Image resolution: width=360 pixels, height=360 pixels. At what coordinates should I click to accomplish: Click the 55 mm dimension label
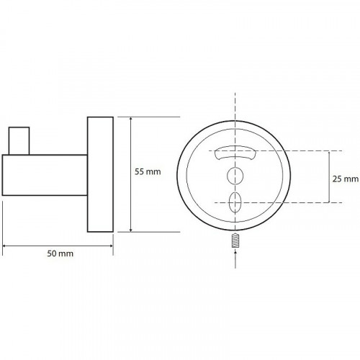tap(148, 172)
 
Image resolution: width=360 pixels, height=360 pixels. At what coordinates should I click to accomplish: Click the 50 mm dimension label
tap(60, 253)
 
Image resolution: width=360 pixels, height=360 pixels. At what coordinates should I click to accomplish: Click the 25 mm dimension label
tap(346, 179)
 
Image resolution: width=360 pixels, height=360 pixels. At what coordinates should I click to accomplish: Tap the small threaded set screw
tap(235, 241)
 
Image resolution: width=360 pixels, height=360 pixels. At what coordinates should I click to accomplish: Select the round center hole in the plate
tap(235, 176)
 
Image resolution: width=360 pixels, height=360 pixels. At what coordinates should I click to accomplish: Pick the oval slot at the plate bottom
tap(235, 202)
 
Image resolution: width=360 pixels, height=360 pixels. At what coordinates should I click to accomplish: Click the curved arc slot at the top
tap(235, 153)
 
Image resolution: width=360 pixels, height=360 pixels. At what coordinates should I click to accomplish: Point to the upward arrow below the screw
tap(235, 259)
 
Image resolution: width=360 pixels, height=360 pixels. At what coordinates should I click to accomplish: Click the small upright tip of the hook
tap(19, 141)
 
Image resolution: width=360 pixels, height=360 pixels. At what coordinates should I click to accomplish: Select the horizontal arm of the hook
tap(45, 175)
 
